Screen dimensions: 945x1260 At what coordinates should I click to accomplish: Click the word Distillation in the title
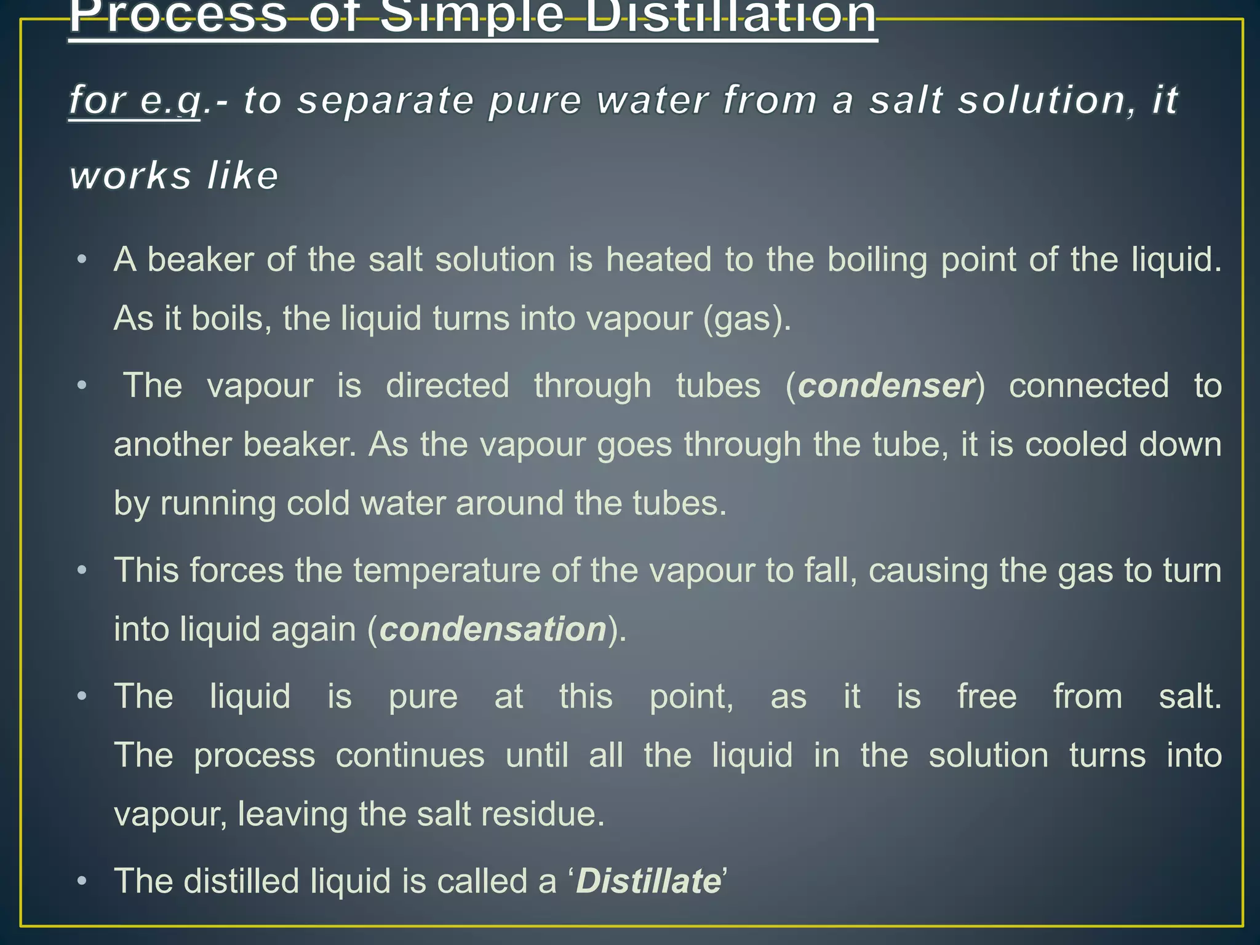730,17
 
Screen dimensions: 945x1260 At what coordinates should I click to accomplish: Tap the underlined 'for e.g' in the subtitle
135,100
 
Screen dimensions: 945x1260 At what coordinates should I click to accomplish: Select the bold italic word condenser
886,386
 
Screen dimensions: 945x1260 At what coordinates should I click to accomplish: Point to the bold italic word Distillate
648,881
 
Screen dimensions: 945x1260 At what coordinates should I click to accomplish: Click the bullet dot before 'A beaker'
82,260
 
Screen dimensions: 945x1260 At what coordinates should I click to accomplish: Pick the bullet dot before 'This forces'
82,571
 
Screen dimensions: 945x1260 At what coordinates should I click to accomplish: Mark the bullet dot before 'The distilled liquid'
82,882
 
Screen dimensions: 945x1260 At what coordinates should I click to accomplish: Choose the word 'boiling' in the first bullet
877,260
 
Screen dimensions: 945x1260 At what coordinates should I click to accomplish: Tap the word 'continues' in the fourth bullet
410,756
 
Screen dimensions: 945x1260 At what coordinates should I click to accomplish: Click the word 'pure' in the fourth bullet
423,697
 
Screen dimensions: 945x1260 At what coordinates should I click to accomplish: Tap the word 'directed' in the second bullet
447,386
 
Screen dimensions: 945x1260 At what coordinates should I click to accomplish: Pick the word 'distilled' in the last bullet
241,881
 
